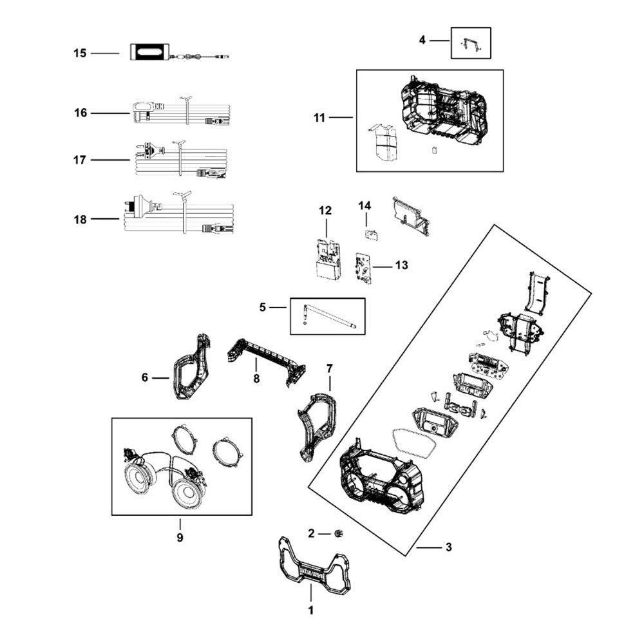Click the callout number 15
click(x=80, y=53)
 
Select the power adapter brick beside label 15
click(x=149, y=52)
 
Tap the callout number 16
click(x=80, y=113)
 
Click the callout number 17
click(x=80, y=160)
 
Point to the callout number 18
click(x=80, y=219)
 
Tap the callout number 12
click(x=325, y=211)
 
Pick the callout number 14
click(x=365, y=205)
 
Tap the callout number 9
click(x=180, y=537)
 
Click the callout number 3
click(x=449, y=547)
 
